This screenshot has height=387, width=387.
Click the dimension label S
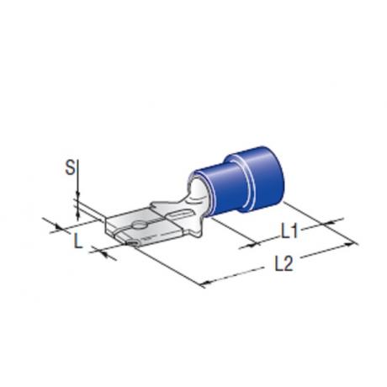(70, 167)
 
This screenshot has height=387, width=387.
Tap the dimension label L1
(289, 231)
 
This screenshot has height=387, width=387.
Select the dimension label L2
(284, 264)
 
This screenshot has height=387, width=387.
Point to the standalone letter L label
(77, 241)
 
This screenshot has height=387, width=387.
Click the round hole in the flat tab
(139, 225)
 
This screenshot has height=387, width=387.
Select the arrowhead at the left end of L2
(207, 282)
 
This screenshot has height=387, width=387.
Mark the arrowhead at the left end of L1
(252, 245)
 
